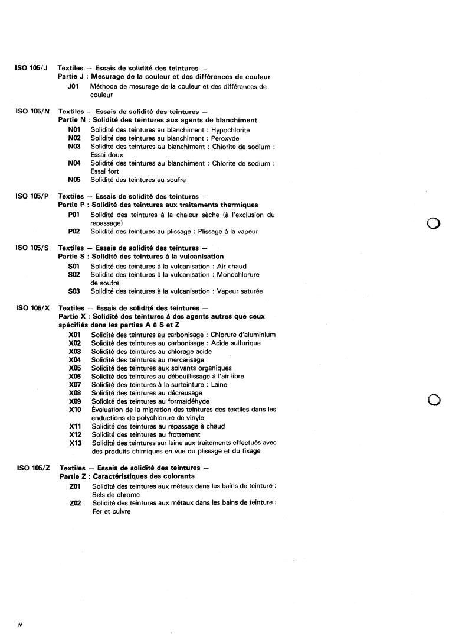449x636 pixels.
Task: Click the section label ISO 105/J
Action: click(32, 69)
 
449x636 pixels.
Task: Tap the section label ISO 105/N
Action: click(32, 112)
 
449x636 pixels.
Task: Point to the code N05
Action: click(74, 180)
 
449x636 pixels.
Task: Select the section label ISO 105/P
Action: click(32, 196)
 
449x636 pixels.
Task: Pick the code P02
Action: click(74, 231)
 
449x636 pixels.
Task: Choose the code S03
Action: click(74, 291)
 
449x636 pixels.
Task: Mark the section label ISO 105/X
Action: click(32, 308)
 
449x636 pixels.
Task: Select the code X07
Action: click(75, 384)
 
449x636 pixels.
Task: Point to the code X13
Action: click(75, 443)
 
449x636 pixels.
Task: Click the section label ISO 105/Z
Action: click(32, 468)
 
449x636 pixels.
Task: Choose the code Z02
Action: click(76, 503)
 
